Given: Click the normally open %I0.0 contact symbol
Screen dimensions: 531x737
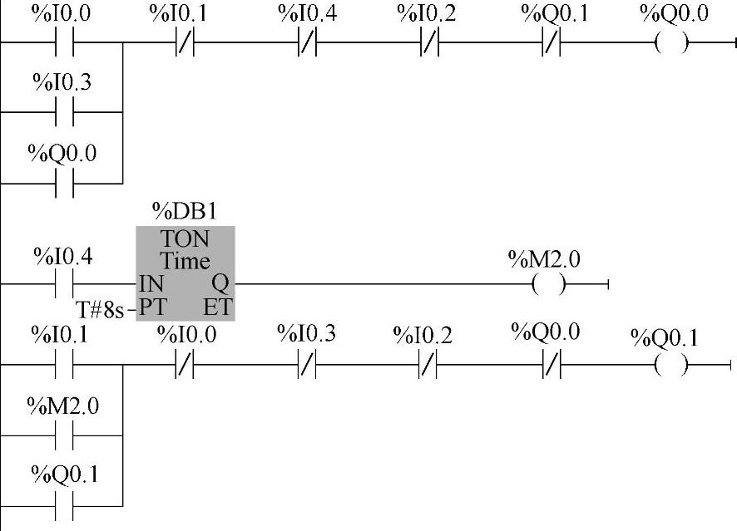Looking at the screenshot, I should tap(65, 42).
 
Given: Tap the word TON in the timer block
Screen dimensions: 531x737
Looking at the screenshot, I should tap(185, 239).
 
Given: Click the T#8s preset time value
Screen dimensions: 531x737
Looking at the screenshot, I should tap(100, 310).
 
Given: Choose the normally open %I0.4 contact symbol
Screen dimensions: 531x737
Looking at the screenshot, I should tap(65, 284).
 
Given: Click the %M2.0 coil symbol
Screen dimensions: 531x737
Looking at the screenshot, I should tap(549, 285).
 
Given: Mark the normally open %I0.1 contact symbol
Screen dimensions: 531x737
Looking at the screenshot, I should tap(65, 364).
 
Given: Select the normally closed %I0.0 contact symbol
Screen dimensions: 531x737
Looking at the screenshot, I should tap(185, 364).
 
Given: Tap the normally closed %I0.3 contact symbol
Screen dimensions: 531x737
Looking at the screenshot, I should tap(308, 364).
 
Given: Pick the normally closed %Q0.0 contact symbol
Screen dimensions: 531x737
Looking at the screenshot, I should tap(551, 364).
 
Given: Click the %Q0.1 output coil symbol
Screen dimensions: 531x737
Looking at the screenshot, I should tap(671, 364).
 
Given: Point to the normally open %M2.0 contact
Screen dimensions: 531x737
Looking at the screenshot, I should tap(65, 434).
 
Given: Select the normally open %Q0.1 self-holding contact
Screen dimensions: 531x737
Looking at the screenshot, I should tap(65, 504).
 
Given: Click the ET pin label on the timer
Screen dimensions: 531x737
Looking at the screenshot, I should tap(217, 307).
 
